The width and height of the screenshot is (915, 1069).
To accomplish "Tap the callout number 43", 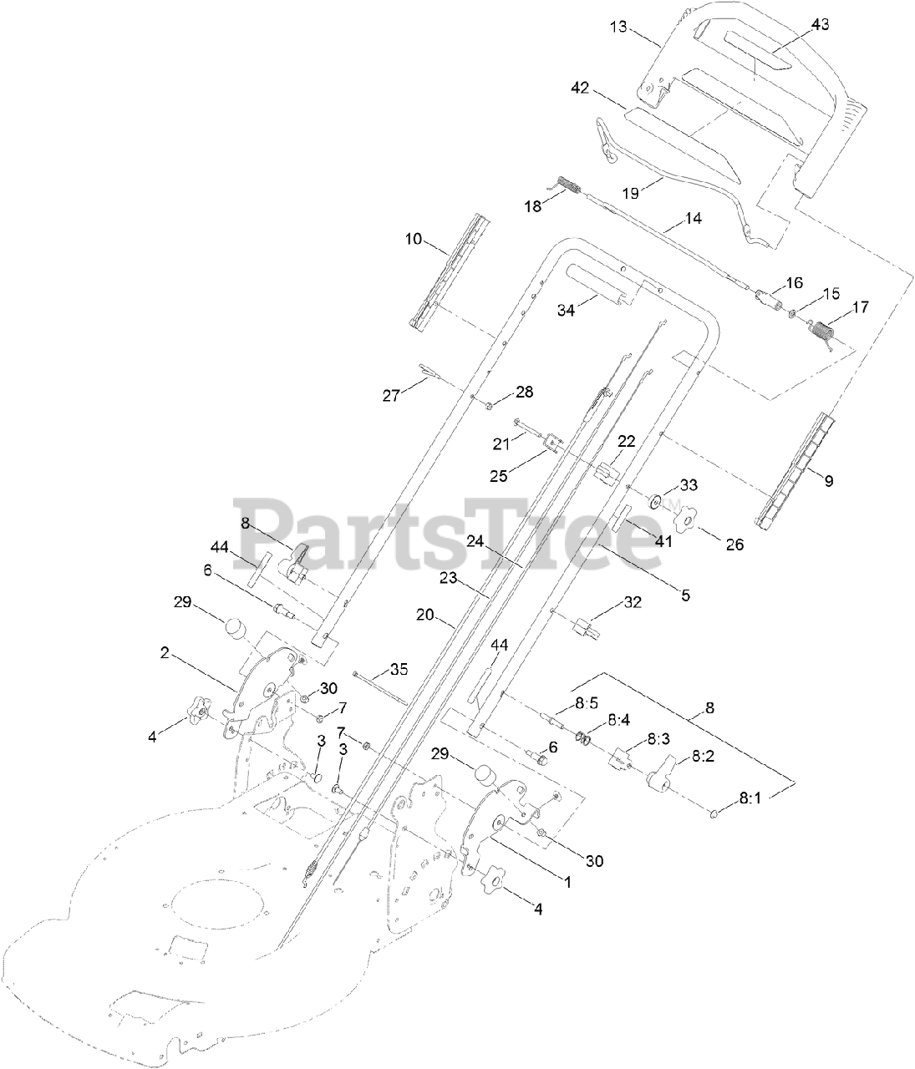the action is pos(820,25).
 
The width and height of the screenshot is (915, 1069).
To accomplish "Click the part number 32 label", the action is pos(633,602).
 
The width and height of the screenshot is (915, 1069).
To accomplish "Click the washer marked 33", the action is pos(658,503).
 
